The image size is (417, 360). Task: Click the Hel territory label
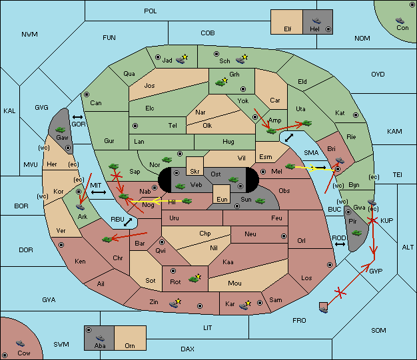point(314,29)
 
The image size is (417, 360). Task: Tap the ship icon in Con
point(400,21)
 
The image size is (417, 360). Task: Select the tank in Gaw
point(61,130)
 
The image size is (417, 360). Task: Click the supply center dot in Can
point(87,94)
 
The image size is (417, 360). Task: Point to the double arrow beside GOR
point(78,117)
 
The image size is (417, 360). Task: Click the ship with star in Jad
point(182,59)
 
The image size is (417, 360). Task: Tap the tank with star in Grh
point(222,82)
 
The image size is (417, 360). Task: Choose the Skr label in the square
point(195,172)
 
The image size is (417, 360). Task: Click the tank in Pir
point(357,233)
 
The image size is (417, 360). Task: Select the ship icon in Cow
point(20,343)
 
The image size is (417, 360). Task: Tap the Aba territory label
point(100,345)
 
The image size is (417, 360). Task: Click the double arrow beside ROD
point(340,244)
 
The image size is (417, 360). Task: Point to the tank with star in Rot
point(195,278)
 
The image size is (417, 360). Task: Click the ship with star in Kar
point(245,305)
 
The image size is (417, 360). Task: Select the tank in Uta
point(307,123)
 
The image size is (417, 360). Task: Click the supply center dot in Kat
point(356,115)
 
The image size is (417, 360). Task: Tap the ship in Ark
point(81,207)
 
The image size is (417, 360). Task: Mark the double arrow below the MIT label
point(99,192)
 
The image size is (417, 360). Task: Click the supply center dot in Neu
point(284,236)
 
